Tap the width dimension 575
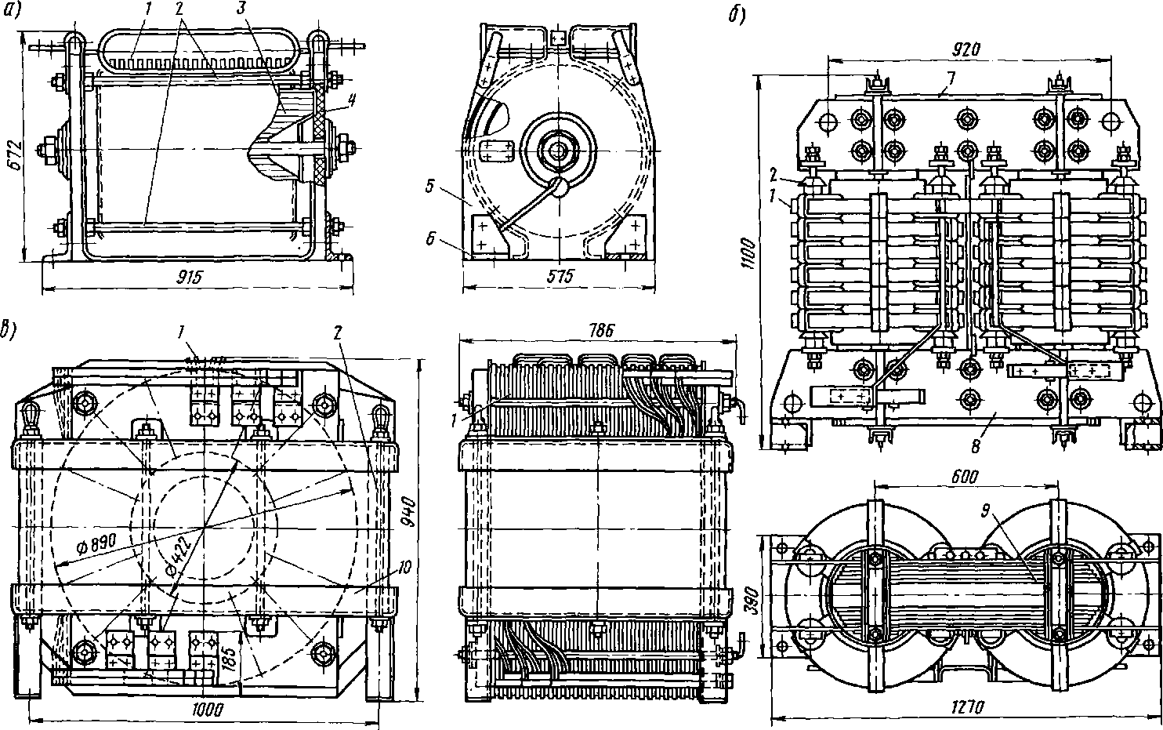pos(558,276)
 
